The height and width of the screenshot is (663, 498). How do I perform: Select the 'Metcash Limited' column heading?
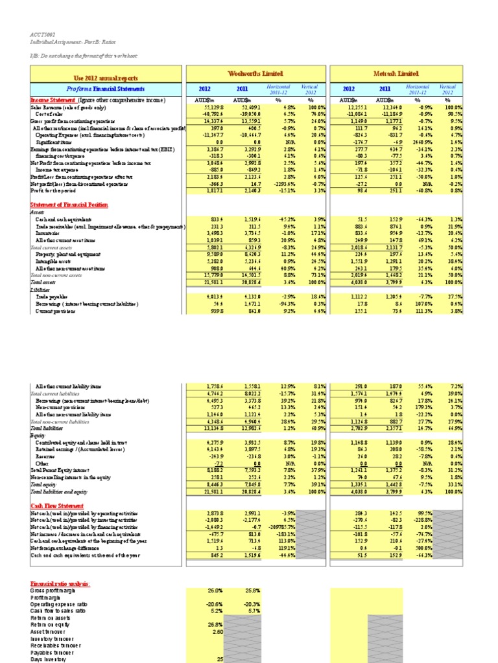397,74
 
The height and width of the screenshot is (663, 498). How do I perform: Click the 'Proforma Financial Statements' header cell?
109,89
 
